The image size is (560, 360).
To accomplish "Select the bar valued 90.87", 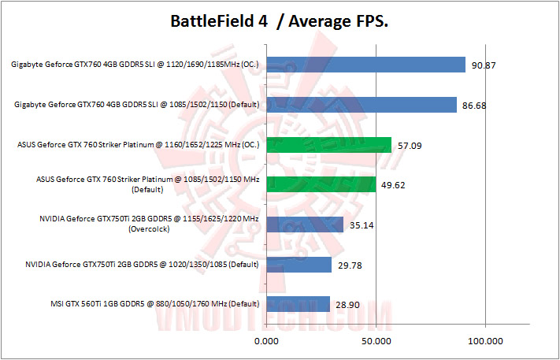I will (366, 64).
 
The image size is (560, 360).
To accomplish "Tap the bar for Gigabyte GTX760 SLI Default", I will (362, 104).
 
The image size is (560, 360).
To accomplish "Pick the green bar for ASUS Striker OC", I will (329, 144).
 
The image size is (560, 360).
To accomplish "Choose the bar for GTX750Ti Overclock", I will (305, 225).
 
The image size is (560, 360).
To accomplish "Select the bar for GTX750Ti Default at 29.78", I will (299, 265).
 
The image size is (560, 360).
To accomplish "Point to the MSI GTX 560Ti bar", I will (298, 304).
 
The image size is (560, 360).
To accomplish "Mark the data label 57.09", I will (412, 144).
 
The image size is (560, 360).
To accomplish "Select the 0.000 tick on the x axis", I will (268, 340).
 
